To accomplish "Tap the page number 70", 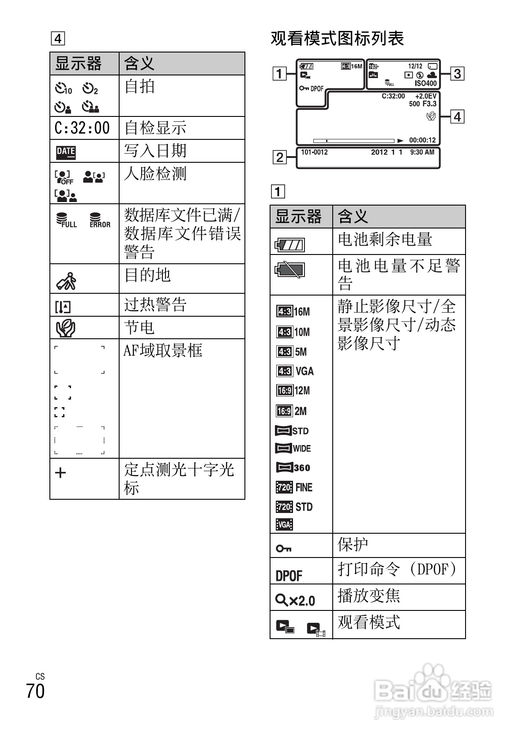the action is [35, 691].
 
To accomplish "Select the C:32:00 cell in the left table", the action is [83, 128].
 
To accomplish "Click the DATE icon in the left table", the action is [66, 152].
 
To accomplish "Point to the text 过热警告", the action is [155, 305].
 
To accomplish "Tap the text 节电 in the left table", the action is [139, 328].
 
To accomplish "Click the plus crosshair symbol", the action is [60, 473].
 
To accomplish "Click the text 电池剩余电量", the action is [385, 240].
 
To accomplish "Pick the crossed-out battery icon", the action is [290, 270].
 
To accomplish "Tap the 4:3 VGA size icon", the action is [295, 371].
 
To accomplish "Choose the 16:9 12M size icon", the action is [293, 390].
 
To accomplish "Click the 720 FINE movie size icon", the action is [294, 487].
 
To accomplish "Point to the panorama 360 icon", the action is [293, 468].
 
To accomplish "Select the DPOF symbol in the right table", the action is [289, 576].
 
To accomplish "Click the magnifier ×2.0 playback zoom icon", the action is [295, 600].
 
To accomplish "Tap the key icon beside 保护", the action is [283, 549].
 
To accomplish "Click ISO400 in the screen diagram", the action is [425, 83].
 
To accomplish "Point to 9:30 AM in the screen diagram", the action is [422, 152].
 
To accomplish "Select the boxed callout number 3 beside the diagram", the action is [457, 73].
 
